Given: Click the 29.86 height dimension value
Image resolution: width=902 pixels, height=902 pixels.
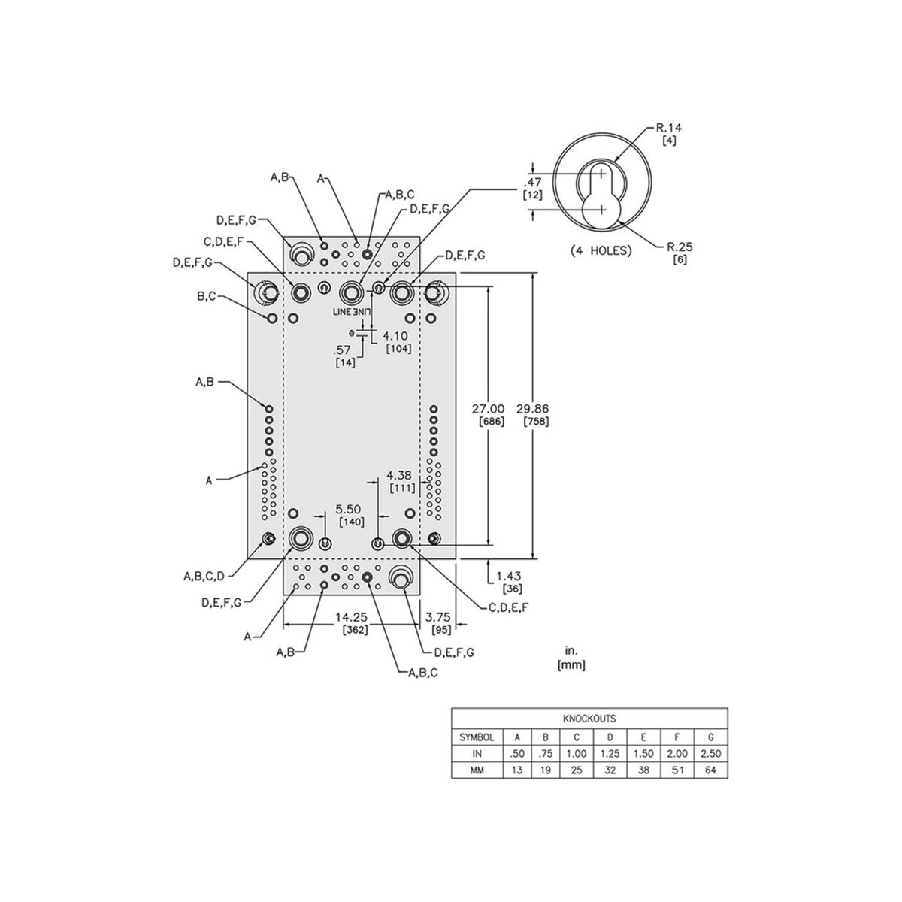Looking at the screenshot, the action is pyautogui.click(x=533, y=409).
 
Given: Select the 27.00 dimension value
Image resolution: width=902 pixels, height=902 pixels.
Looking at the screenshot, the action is pyautogui.click(x=489, y=409).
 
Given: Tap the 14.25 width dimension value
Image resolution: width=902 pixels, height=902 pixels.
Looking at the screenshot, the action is pyautogui.click(x=351, y=617).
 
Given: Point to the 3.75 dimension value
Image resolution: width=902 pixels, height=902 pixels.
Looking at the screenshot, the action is pyautogui.click(x=437, y=617).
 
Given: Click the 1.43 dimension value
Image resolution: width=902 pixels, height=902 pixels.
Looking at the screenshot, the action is pyautogui.click(x=508, y=576).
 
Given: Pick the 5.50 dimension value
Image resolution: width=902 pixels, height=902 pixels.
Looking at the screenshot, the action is pyautogui.click(x=348, y=509).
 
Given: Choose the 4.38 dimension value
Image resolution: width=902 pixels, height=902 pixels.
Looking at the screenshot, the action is pyautogui.click(x=399, y=475).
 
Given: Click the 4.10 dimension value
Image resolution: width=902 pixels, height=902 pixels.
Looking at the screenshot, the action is pyautogui.click(x=395, y=335).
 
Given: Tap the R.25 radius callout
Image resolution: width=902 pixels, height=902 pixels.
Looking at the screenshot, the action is pyautogui.click(x=680, y=247).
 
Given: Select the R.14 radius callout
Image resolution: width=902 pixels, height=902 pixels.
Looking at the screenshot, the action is pyautogui.click(x=669, y=127).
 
